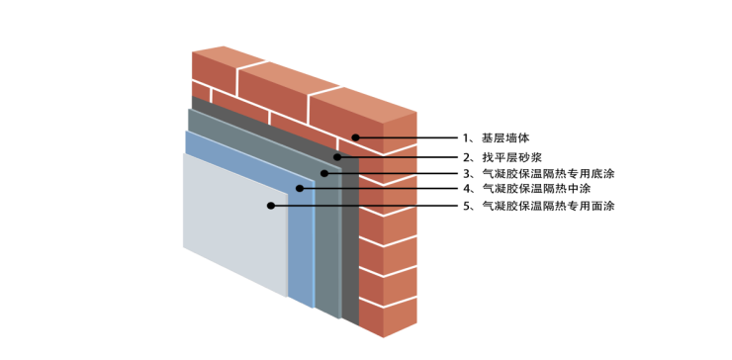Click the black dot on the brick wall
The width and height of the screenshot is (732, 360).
click(356, 137)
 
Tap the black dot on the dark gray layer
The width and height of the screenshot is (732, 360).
click(337, 156)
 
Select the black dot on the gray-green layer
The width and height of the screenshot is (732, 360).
click(324, 173)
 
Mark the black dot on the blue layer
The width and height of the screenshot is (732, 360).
click(300, 188)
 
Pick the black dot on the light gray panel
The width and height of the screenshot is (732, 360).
click(271, 206)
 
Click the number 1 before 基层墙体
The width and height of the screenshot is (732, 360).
click(466, 137)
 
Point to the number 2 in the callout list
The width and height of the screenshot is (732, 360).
click(466, 156)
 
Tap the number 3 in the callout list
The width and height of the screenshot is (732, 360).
click(466, 174)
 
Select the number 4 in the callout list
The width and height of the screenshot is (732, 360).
click(466, 189)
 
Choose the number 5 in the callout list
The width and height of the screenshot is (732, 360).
click(466, 206)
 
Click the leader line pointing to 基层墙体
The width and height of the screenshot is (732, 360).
click(408, 137)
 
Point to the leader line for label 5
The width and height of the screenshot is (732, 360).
click(365, 206)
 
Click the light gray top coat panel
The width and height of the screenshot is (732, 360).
click(233, 225)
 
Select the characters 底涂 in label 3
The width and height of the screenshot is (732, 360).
click(602, 174)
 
